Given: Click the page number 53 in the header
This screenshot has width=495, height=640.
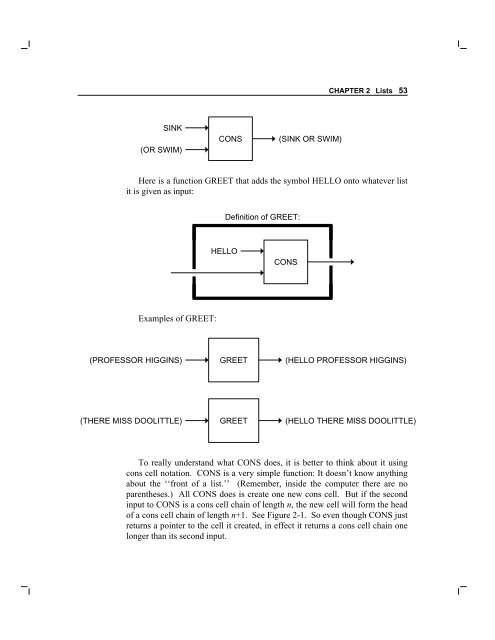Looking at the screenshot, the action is (x=403, y=90).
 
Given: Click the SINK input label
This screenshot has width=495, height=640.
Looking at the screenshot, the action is (x=173, y=128).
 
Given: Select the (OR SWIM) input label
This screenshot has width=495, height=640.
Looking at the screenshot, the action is (x=161, y=150).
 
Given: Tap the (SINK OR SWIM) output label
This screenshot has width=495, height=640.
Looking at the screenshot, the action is (x=310, y=139).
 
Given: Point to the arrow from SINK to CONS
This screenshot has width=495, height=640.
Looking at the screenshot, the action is (x=197, y=128).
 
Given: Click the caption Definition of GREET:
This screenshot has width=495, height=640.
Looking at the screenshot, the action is (x=262, y=217).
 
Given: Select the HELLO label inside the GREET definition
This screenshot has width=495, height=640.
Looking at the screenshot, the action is (x=224, y=251).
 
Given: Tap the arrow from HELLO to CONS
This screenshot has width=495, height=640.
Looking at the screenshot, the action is (x=252, y=251).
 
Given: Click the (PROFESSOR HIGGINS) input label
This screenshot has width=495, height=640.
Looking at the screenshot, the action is (x=135, y=360).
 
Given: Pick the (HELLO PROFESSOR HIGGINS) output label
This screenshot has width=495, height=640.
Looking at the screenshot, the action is (x=346, y=360).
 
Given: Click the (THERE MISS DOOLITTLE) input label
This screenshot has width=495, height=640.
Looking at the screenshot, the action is (x=131, y=421).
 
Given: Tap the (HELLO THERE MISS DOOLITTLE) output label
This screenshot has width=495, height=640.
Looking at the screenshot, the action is (x=351, y=421).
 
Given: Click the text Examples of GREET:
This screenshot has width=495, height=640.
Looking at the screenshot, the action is (x=177, y=318).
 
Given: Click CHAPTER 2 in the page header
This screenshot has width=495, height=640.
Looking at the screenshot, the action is (x=349, y=91).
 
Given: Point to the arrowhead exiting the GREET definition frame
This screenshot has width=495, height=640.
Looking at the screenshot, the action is (x=352, y=262).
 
